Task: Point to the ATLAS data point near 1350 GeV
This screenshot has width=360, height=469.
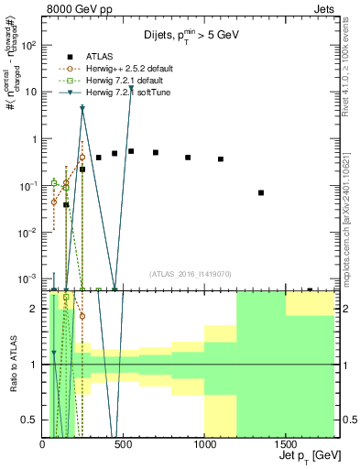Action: [x=261, y=192]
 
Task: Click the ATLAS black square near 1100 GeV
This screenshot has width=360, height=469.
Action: [x=221, y=159]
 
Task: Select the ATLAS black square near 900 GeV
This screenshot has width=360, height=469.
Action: [x=188, y=158]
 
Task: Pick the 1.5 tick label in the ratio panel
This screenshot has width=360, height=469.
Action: [x=32, y=336]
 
